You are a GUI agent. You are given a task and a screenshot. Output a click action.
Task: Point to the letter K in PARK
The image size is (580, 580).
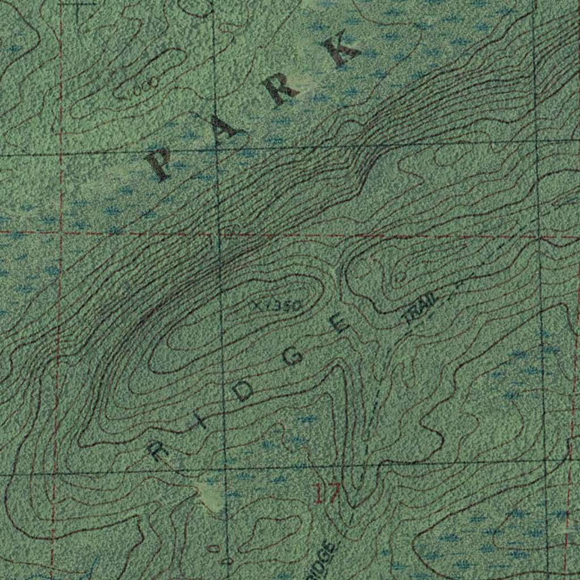point(339,50)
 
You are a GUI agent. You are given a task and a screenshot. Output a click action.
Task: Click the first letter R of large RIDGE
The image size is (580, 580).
point(154,451)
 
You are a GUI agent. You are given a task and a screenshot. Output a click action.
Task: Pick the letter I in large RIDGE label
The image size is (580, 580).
point(200,423)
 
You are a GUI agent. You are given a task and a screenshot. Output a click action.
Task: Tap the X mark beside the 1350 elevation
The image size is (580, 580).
point(258,306)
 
